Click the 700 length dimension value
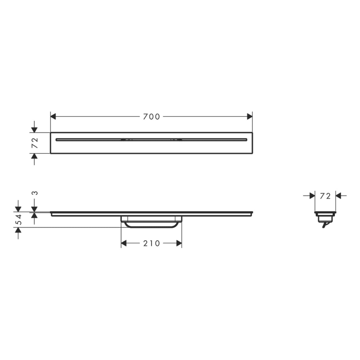pyautogui.click(x=152, y=117)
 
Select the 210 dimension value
pyautogui.click(x=151, y=243)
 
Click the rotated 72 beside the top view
pyautogui.click(x=34, y=143)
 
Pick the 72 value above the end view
pyautogui.click(x=325, y=196)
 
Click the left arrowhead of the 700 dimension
pyautogui.click(x=53, y=117)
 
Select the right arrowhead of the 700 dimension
pyautogui.click(x=249, y=117)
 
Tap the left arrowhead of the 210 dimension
pyautogui.click(x=124, y=243)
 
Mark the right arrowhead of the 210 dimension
pyautogui.click(x=178, y=243)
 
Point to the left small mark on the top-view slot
pyautogui.click(x=127, y=139)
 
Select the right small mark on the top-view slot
pyautogui.click(x=176, y=139)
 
